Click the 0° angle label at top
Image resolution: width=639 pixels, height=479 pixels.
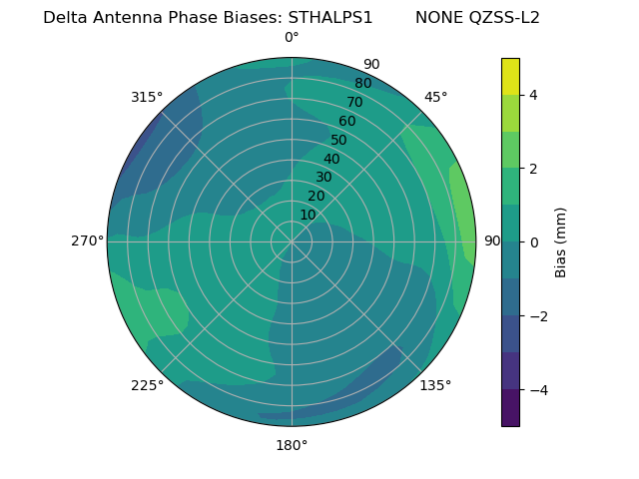pos(292,38)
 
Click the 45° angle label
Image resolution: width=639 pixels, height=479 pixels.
pos(435,97)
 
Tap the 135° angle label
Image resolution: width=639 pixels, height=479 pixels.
pos(435,385)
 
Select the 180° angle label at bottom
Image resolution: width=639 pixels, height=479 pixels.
pos(292,445)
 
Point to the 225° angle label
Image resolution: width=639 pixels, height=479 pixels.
pos(147,385)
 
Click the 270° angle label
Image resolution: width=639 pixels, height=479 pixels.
pos(88,240)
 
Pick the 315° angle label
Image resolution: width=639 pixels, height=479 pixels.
pos(147,97)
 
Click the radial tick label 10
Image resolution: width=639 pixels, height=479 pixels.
pos(308,215)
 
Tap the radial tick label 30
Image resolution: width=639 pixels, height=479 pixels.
pos(323,177)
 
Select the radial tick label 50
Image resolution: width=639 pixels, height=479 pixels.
pos(339,140)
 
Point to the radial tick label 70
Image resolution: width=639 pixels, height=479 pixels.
pos(355,102)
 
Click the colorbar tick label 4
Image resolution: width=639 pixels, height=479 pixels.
pos(533,95)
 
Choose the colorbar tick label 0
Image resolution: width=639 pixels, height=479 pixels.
pos(533,242)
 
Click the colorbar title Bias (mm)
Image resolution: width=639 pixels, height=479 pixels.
pos(561,241)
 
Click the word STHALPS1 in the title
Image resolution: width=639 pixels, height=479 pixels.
pos(330,18)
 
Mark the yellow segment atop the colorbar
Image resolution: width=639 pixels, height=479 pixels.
pos(510,76)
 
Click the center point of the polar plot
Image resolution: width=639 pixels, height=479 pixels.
pos(292,241)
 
